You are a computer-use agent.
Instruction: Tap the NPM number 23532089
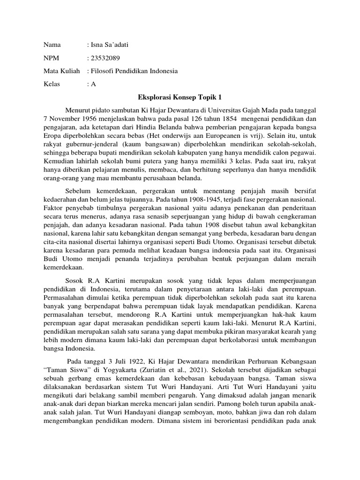[104, 58]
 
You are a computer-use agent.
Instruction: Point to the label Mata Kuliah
[59, 71]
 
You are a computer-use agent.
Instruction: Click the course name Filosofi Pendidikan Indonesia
[135, 71]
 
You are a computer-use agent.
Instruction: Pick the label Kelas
[52, 84]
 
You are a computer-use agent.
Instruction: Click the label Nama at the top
[52, 45]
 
